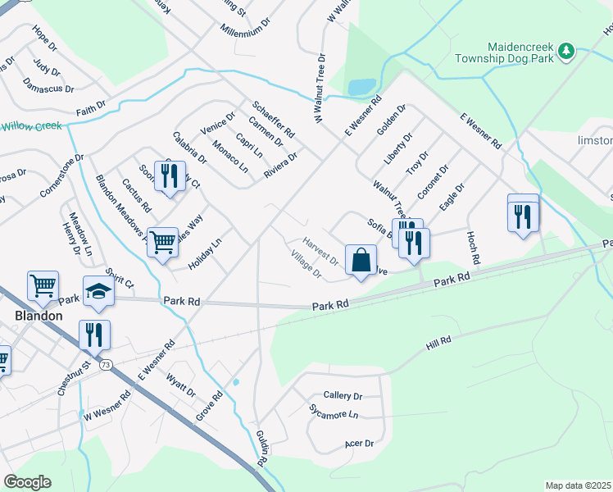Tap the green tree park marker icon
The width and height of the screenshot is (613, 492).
[x=565, y=52]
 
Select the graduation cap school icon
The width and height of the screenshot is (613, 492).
[x=98, y=292]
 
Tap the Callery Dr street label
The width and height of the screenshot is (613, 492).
[x=343, y=396]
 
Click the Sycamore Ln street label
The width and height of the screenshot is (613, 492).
[x=334, y=412]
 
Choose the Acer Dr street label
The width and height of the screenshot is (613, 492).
[x=359, y=444]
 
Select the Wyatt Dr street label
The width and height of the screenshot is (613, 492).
[x=181, y=385]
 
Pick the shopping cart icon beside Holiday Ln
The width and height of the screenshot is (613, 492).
[x=163, y=241]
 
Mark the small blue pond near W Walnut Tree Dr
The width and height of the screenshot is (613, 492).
[x=361, y=86]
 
